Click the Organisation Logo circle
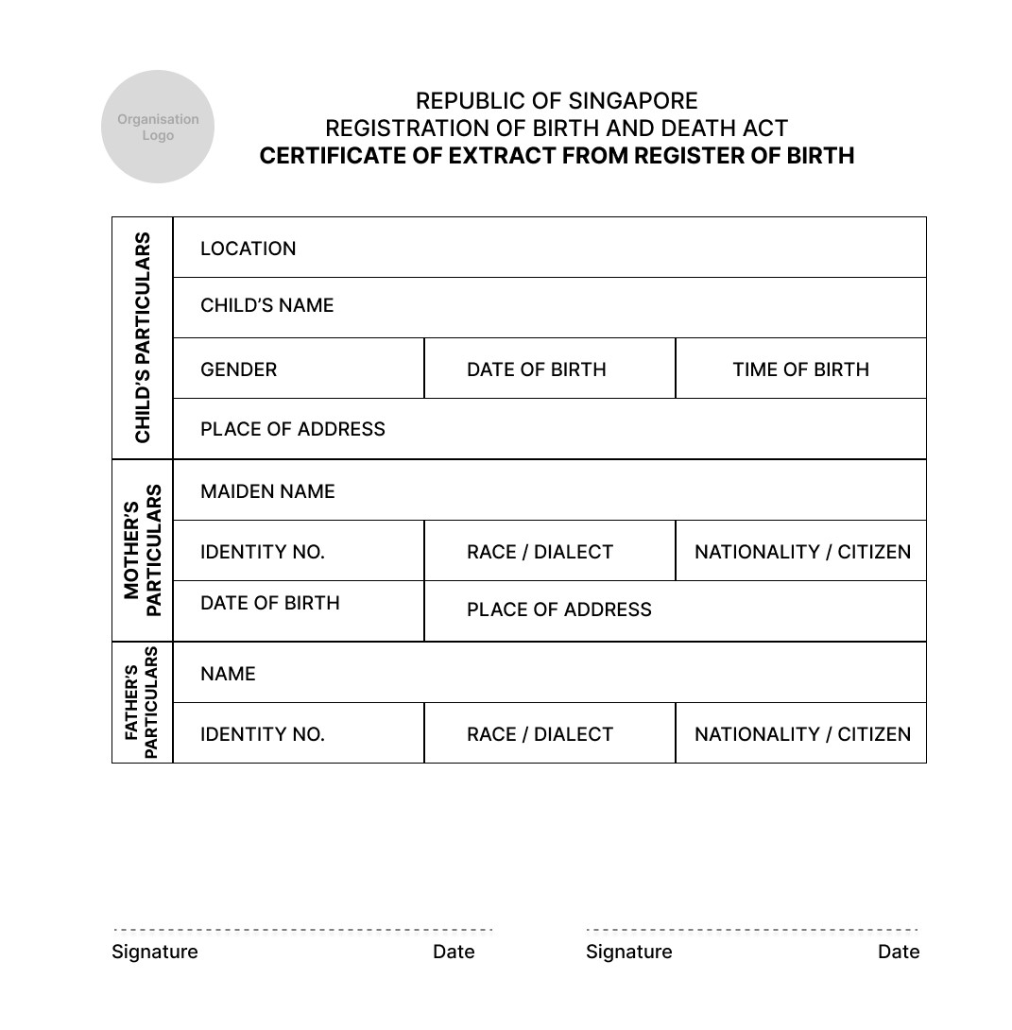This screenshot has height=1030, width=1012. [x=158, y=127]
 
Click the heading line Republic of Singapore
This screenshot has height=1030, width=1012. [x=557, y=101]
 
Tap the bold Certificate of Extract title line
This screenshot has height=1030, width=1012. [x=557, y=156]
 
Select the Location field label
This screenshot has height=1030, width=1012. [x=248, y=249]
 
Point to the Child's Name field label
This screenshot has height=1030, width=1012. [x=266, y=305]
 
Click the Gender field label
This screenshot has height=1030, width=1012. [x=238, y=369]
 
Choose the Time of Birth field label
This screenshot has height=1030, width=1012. [x=800, y=369]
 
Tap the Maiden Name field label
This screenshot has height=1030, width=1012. [x=267, y=491]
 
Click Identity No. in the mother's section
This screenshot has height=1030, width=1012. [x=262, y=552]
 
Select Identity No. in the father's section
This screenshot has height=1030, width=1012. [x=262, y=734]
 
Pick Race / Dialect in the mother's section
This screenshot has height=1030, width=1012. [x=540, y=552]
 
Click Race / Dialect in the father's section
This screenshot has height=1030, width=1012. [x=540, y=734]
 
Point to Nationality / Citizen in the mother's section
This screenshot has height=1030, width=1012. [x=802, y=552]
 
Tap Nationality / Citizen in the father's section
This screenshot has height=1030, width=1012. [x=802, y=734]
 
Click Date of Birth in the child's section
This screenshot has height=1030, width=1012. [x=536, y=369]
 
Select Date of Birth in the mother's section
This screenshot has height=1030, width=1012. [x=269, y=603]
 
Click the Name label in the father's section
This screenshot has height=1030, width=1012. [x=228, y=674]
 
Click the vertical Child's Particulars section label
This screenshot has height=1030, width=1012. [x=143, y=337]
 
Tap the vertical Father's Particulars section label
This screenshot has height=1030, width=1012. [x=142, y=702]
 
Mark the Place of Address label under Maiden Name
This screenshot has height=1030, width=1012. [x=558, y=609]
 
